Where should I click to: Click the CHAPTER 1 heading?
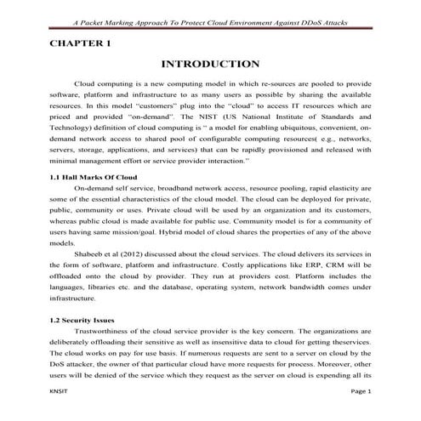point(80,42)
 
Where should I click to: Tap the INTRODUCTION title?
point(209,64)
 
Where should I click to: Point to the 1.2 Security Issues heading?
point(83,318)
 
